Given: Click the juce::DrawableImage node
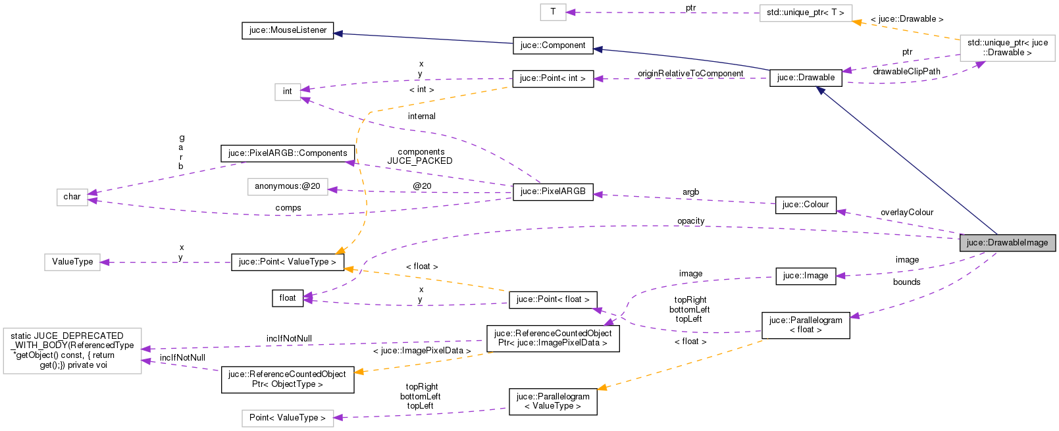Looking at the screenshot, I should tap(1007, 243).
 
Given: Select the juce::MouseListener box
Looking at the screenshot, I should tap(288, 30).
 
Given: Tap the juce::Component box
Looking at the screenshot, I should tap(552, 45).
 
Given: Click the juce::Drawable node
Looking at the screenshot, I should tap(806, 78).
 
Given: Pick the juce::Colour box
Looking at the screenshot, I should tap(805, 205).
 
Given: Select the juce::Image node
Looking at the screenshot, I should tap(805, 276).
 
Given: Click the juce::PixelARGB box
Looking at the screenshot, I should tap(552, 191).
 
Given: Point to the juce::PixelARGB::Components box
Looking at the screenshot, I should tap(288, 153).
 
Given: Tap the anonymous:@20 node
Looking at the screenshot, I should tap(287, 186).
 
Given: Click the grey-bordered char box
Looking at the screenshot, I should tap(72, 197).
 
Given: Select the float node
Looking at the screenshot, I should tap(288, 298).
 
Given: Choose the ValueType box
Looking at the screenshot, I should tap(72, 262).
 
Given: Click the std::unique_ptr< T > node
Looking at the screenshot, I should tap(805, 13).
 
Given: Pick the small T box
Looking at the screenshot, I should tap(553, 11).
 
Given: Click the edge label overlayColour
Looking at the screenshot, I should tap(906, 213).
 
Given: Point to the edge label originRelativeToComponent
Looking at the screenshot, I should tap(690, 74).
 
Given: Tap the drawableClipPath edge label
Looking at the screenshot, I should tap(906, 72).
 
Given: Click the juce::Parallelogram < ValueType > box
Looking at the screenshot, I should tap(552, 401).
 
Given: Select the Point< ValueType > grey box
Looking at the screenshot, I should tap(287, 418).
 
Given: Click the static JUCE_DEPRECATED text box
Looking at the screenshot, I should tap(72, 351).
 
